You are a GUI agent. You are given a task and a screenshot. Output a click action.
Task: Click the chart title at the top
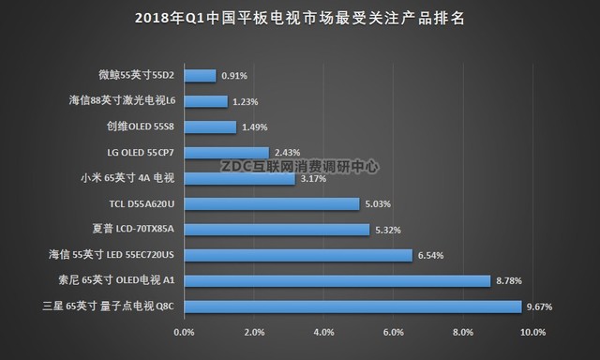tap(300, 18)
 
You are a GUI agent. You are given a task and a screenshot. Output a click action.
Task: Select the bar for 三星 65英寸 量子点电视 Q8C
tap(352, 306)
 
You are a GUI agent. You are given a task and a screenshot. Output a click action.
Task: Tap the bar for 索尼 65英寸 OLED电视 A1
tap(337, 280)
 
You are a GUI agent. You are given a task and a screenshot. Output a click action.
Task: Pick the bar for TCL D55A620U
tap(272, 203)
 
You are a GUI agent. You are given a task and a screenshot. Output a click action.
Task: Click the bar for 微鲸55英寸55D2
tap(201, 75)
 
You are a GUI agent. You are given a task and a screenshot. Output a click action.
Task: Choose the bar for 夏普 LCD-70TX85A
tap(277, 229)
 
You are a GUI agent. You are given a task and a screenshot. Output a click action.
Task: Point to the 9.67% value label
tap(542, 306)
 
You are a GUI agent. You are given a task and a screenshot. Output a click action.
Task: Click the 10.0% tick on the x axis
tap(532, 332)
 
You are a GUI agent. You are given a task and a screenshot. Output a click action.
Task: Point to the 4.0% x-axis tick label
tap(323, 332)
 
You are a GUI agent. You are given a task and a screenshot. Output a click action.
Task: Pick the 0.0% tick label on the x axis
tap(185, 332)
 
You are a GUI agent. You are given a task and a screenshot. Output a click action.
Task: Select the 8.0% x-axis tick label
tap(463, 332)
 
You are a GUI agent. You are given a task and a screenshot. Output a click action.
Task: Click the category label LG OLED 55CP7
tap(142, 152)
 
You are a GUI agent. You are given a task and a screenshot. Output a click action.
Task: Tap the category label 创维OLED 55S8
tap(142, 127)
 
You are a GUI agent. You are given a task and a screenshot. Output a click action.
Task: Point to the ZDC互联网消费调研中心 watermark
tap(300, 166)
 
